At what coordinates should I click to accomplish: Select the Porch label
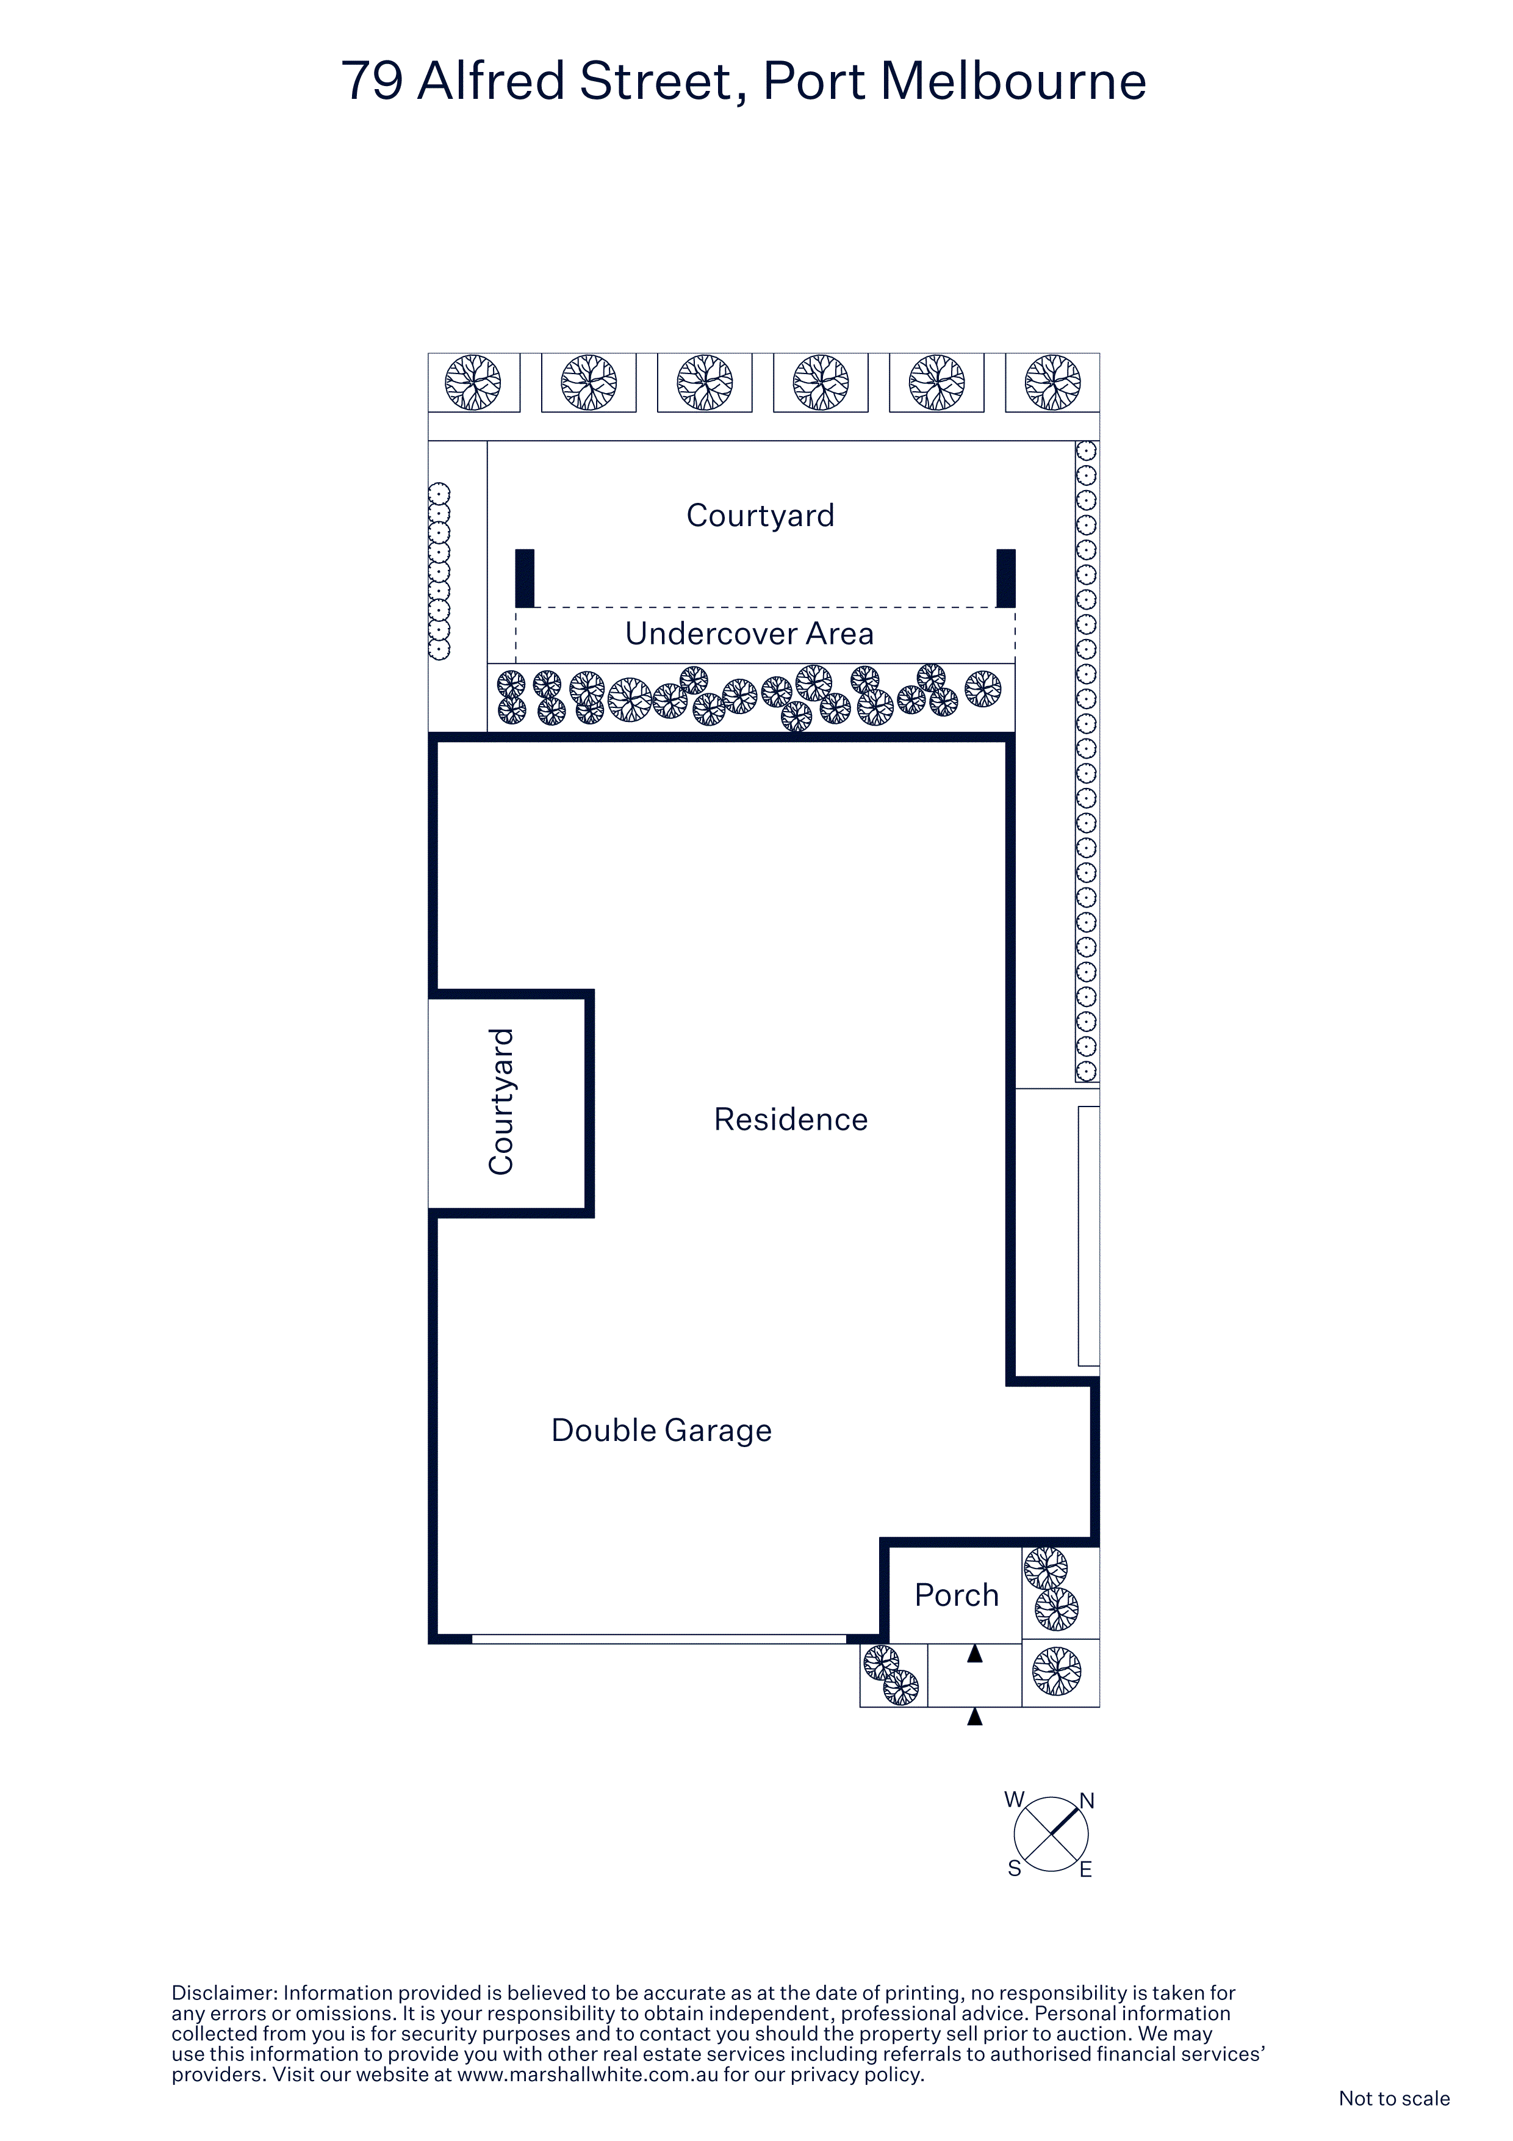957,1595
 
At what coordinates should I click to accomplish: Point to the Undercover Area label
750,634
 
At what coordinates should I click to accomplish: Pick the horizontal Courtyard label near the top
760,516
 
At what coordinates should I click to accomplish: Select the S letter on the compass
1015,1869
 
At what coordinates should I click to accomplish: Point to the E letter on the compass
1086,1869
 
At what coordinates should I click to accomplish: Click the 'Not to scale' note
1393,2098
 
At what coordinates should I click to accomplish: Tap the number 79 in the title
372,81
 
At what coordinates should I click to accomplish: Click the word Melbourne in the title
1013,81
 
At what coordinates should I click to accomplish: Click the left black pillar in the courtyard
525,578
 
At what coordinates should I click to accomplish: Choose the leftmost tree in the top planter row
473,382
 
